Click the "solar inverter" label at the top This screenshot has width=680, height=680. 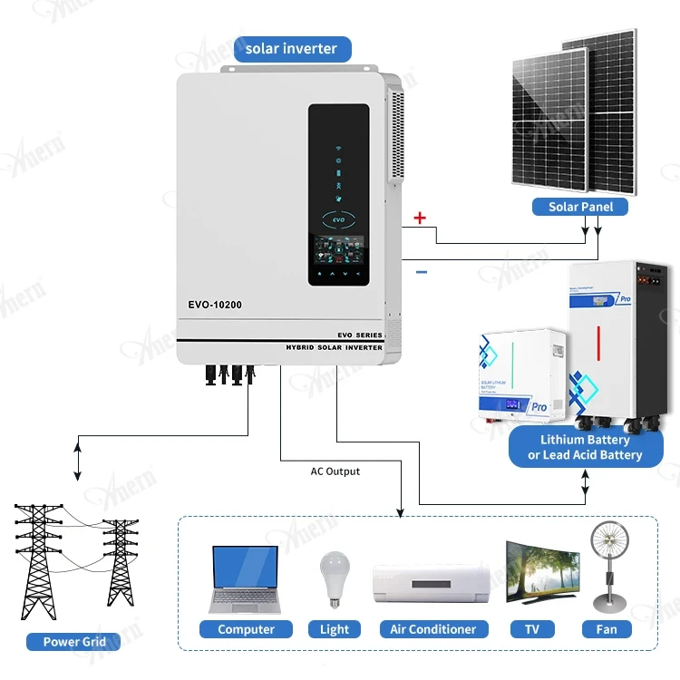pyautogui.click(x=291, y=49)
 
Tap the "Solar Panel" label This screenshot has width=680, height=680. pyautogui.click(x=580, y=207)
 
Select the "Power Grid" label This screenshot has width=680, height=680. pyautogui.click(x=74, y=642)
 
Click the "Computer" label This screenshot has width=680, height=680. pyautogui.click(x=246, y=629)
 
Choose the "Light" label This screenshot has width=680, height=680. pyautogui.click(x=335, y=629)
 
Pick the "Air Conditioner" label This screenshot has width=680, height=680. pyautogui.click(x=432, y=629)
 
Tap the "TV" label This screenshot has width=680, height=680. pyautogui.click(x=532, y=629)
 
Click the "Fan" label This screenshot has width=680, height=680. pyautogui.click(x=607, y=629)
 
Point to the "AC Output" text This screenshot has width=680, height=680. pyautogui.click(x=335, y=471)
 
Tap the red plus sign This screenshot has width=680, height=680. pyautogui.click(x=420, y=218)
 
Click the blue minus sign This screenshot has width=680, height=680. pyautogui.click(x=421, y=271)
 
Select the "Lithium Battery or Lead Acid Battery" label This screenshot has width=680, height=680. pyautogui.click(x=585, y=447)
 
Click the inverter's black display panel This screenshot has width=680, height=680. pyautogui.click(x=338, y=194)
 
